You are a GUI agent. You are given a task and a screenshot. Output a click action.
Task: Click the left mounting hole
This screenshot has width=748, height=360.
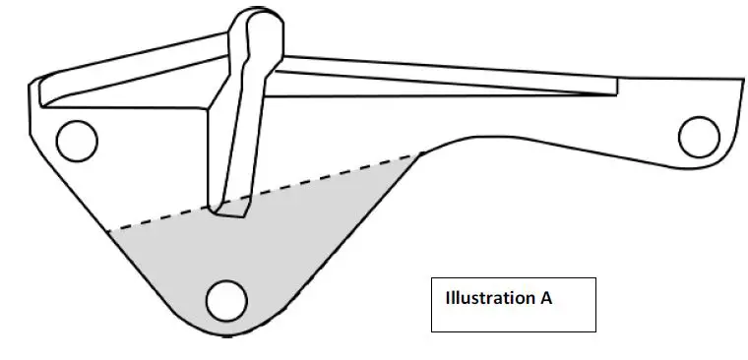tap(77, 141)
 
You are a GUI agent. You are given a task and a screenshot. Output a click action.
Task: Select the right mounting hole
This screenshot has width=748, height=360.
tap(700, 136)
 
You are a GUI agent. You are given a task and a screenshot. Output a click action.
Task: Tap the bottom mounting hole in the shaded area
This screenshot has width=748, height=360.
tap(226, 300)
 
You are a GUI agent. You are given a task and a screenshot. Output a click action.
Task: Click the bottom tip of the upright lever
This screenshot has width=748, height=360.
tap(232, 210)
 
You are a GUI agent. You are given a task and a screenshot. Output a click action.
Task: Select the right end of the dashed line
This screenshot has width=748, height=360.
tap(421, 153)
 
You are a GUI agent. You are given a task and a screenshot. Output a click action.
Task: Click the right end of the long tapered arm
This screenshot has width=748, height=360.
tap(616, 87)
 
